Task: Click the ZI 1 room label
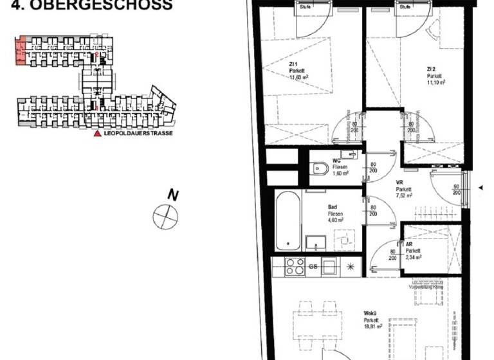tap(294, 64)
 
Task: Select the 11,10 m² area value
tap(436, 83)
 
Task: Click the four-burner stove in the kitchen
tap(295, 265)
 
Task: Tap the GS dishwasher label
tap(313, 266)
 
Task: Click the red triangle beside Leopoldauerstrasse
tap(98, 134)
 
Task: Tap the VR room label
tap(399, 183)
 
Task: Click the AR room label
tap(409, 244)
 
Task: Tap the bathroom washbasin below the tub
tap(315, 242)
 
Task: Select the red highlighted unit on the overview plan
tap(21, 50)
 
